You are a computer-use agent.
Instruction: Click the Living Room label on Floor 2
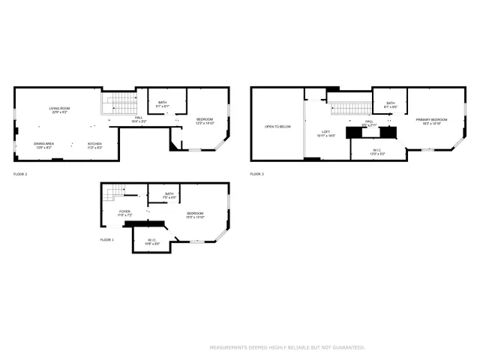60,109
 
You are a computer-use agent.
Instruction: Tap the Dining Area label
43,144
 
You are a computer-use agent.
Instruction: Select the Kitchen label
94,144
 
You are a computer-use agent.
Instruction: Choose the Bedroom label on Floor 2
205,120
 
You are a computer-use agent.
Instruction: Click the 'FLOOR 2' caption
20,174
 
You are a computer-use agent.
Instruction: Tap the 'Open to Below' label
277,127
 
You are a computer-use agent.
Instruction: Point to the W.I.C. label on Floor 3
376,150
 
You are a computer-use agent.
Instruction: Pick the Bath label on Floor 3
390,103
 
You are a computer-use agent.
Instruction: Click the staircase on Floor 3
351,109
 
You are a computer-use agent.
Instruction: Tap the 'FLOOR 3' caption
257,174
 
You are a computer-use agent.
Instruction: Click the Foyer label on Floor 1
125,211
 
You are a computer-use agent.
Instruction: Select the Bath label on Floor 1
169,195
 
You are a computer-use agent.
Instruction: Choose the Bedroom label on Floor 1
196,214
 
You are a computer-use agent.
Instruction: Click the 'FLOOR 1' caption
107,240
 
